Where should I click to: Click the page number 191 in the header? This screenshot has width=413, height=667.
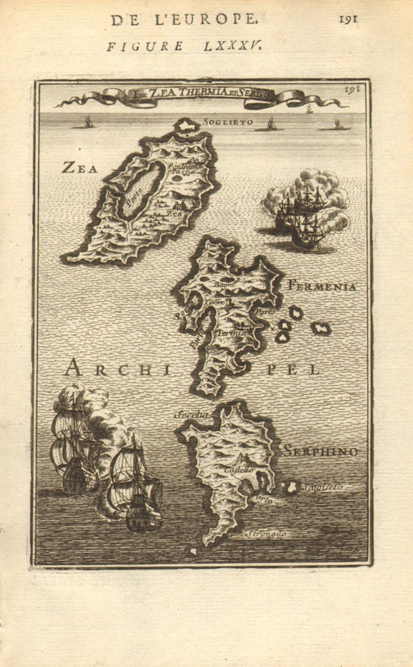pyautogui.click(x=348, y=19)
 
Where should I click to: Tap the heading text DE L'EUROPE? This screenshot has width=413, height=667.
pyautogui.click(x=184, y=20)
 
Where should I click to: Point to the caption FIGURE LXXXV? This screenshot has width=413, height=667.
pyautogui.click(x=185, y=46)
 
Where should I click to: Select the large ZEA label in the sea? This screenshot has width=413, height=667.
pyautogui.click(x=79, y=168)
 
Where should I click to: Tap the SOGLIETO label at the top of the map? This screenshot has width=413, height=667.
pyautogui.click(x=225, y=122)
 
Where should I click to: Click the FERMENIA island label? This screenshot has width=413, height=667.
pyautogui.click(x=321, y=287)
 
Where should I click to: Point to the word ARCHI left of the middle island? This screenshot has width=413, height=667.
pyautogui.click(x=117, y=369)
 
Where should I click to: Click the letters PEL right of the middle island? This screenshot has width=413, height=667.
pyautogui.click(x=302, y=369)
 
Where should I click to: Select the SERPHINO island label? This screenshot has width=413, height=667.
pyautogui.click(x=320, y=451)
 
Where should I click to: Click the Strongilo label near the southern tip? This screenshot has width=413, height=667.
pyautogui.click(x=266, y=534)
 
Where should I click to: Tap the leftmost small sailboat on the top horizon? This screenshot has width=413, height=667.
pyautogui.click(x=89, y=122)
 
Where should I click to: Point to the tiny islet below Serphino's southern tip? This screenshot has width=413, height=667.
pyautogui.click(x=192, y=551)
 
